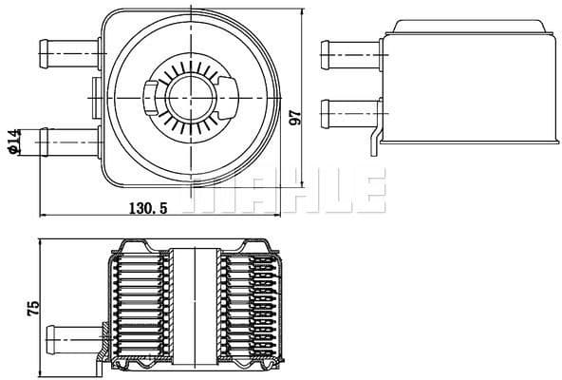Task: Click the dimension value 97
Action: pyautogui.click(x=295, y=117)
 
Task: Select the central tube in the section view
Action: pyautogui.click(x=195, y=304)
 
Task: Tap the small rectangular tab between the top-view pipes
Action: pyautogui.click(x=95, y=89)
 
